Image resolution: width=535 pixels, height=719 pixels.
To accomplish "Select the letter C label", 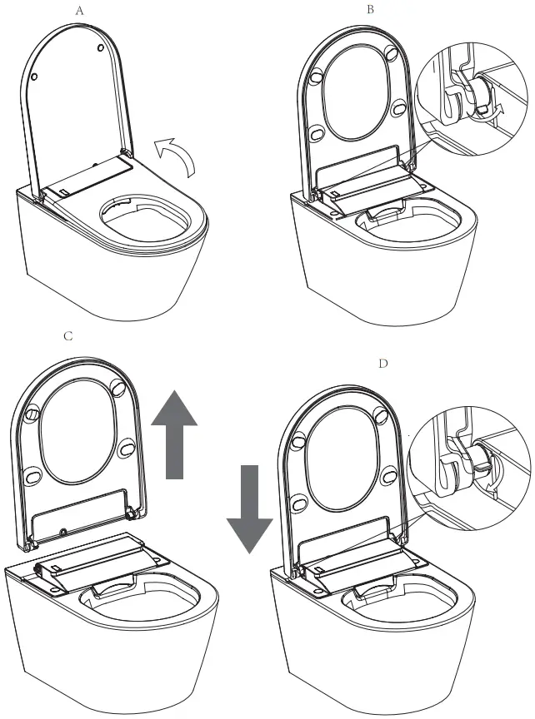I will (x=68, y=336).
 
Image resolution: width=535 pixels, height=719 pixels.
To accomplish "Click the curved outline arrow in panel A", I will (x=177, y=155).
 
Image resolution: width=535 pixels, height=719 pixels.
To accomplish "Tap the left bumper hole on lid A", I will (x=36, y=76).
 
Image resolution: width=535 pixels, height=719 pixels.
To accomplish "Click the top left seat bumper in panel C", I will (x=33, y=412).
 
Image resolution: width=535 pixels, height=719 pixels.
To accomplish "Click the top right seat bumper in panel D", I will (x=381, y=414).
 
